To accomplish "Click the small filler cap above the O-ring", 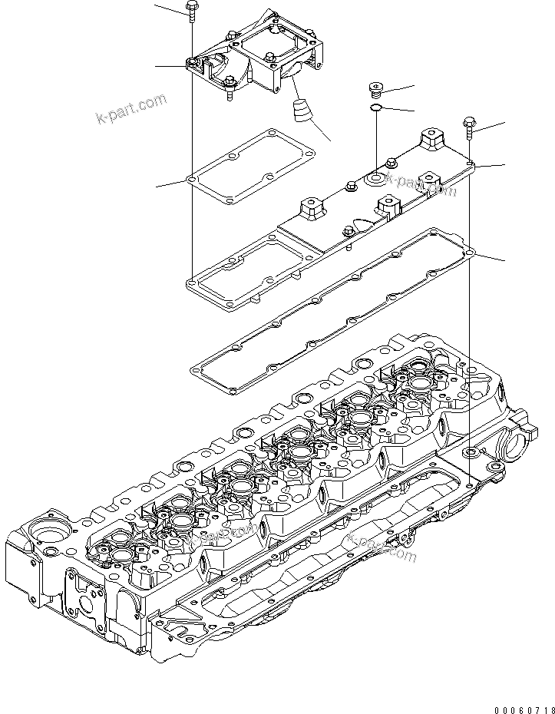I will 377,89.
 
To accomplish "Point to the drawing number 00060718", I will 521,706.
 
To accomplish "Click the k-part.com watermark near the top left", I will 130,108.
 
